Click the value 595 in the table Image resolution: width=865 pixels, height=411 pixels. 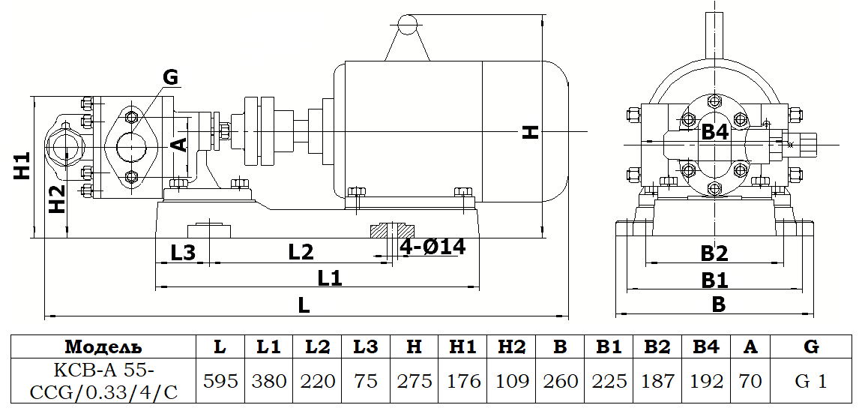220,381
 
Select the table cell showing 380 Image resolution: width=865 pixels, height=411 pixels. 269,381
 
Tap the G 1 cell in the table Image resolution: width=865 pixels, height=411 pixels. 810,381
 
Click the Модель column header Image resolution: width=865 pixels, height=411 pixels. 103,346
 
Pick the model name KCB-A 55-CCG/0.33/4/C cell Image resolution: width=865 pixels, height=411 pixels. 103,381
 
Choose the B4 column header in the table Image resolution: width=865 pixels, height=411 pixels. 706,346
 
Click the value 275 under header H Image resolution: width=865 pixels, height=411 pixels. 414,381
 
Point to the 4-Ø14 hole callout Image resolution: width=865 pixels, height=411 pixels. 432,247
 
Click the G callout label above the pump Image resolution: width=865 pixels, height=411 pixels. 170,76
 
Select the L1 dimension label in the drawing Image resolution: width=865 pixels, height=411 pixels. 329,278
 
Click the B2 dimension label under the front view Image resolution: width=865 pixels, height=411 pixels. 714,253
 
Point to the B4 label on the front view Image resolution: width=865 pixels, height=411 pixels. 714,133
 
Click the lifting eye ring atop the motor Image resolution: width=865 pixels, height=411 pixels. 407,25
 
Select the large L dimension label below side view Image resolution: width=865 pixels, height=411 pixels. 303,306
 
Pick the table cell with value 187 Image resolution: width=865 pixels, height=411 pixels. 657,381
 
